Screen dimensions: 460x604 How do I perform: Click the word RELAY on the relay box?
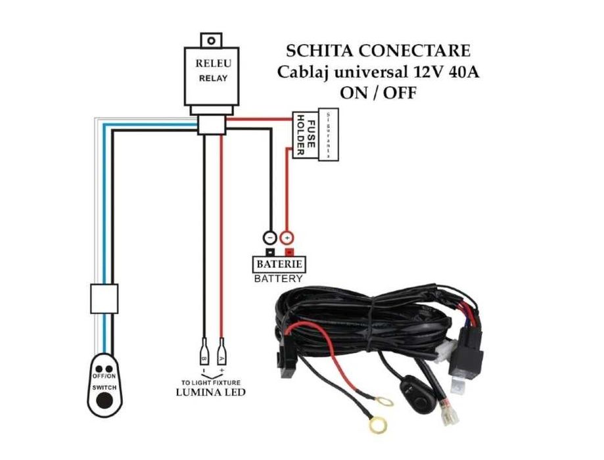click(212, 78)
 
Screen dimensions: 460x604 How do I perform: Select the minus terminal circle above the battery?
click(269, 237)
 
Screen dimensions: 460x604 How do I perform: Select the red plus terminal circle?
click(287, 237)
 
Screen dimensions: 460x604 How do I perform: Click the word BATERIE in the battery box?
click(279, 264)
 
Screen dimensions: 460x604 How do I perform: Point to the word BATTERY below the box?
click(279, 279)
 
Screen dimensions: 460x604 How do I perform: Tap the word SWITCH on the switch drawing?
click(104, 388)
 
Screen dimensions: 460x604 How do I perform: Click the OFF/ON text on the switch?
click(104, 375)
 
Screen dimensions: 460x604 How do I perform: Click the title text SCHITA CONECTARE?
click(378, 51)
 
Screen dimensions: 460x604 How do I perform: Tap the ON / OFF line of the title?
click(377, 93)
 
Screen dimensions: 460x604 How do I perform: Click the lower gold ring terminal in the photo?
click(377, 426)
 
